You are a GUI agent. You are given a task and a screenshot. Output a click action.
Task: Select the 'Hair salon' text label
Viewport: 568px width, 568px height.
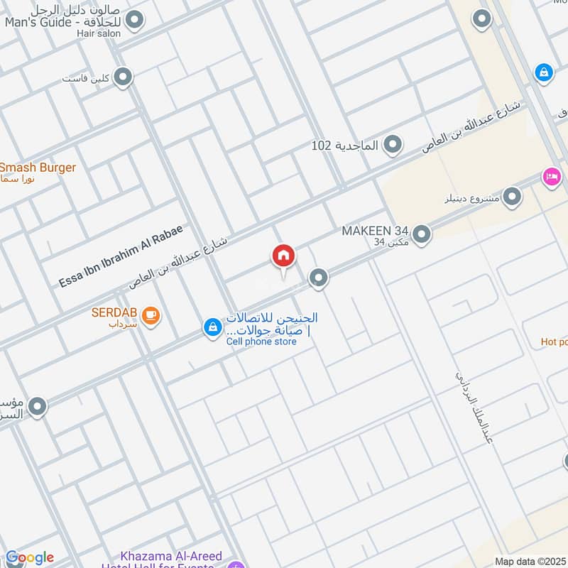click(x=100, y=33)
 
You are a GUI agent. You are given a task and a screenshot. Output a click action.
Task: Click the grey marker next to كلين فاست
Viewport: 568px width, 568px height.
click(x=124, y=77)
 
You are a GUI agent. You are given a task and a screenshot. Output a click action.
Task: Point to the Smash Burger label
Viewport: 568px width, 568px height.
click(x=38, y=168)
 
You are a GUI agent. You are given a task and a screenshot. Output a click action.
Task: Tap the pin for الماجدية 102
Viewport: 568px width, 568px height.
click(x=392, y=146)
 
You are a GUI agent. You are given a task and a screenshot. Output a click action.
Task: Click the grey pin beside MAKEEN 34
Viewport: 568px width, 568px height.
click(x=422, y=234)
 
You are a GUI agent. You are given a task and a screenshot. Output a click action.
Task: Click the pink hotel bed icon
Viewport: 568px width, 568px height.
click(x=551, y=177)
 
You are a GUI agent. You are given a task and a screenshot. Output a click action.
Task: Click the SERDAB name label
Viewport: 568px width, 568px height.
click(x=114, y=312)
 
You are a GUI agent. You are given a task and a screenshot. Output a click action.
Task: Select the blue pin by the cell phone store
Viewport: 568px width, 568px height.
click(x=212, y=327)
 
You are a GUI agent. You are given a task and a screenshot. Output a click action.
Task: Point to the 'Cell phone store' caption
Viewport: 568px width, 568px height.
click(x=261, y=342)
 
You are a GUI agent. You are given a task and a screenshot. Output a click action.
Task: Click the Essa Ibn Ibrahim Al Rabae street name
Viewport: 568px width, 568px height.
click(x=121, y=256)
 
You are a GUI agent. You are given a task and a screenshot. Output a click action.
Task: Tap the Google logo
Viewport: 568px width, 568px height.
click(x=29, y=557)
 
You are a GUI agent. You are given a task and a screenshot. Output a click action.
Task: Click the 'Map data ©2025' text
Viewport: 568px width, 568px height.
click(x=530, y=562)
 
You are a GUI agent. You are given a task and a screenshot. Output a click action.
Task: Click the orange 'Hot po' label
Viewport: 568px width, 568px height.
click(x=554, y=342)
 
